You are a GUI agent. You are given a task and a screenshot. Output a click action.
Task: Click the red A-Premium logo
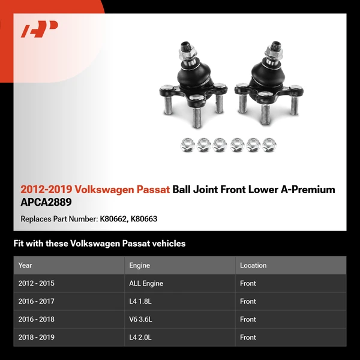click(40, 29)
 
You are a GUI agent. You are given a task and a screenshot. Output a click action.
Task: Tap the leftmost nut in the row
click(187, 144)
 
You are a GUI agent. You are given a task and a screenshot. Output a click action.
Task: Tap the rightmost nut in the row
click(270, 144)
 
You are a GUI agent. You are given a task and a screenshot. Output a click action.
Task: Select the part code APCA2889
click(46, 202)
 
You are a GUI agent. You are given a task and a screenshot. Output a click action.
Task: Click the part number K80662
click(113, 219)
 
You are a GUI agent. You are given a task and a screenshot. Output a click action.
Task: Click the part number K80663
click(144, 219)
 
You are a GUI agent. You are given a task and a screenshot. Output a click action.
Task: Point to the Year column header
click(25, 265)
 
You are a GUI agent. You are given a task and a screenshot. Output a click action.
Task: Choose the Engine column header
click(139, 265)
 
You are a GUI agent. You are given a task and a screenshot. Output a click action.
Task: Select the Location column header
click(253, 265)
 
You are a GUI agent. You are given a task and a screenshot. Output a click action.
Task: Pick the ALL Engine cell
click(146, 283)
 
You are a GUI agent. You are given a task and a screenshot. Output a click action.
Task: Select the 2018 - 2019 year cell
click(37, 337)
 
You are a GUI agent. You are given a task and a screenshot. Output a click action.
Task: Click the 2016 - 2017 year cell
click(37, 301)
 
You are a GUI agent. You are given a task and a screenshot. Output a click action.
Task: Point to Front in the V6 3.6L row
click(248, 319)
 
